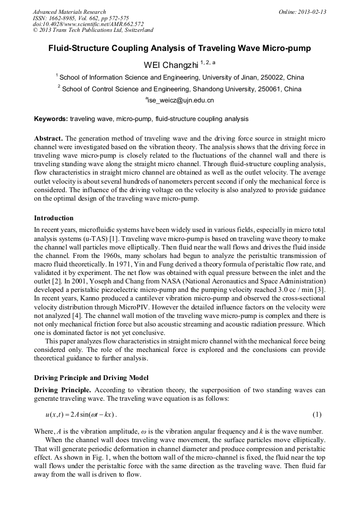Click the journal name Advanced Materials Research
click(x=69, y=12)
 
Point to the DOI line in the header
click(x=88, y=24)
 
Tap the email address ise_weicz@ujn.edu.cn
click(x=179, y=100)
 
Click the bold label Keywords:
click(x=51, y=119)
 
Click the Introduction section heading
click(x=54, y=218)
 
